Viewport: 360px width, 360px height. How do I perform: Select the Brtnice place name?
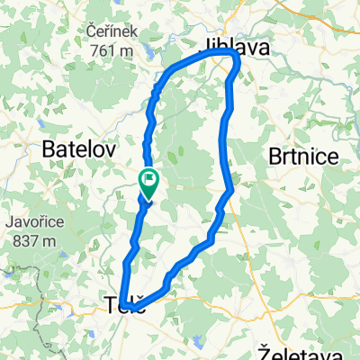point(304,157)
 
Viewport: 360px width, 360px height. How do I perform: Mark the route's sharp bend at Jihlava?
point(237,57)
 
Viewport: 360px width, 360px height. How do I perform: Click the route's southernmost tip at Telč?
point(134,309)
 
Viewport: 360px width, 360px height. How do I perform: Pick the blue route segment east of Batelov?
point(147,148)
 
